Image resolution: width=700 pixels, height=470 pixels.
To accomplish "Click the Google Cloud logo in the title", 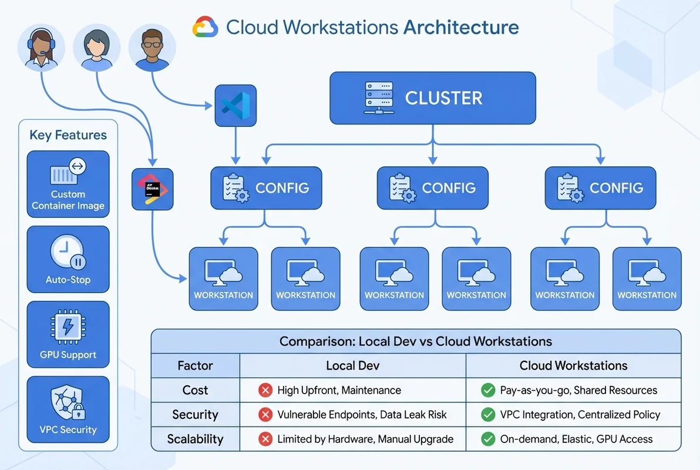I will pyautogui.click(x=206, y=27).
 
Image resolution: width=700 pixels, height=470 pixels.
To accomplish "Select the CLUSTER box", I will pyautogui.click(x=432, y=98).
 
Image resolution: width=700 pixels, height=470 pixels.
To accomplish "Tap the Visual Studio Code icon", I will pyautogui.click(x=235, y=105).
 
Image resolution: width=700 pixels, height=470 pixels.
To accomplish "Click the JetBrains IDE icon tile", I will pyautogui.click(x=153, y=189).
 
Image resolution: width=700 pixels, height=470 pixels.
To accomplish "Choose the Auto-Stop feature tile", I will pyautogui.click(x=68, y=259).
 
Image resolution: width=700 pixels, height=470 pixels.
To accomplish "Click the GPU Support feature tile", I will pyautogui.click(x=68, y=334).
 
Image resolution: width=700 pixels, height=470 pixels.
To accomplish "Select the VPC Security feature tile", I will pyautogui.click(x=68, y=409).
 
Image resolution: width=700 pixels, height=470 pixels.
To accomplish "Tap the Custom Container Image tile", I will pyautogui.click(x=68, y=184).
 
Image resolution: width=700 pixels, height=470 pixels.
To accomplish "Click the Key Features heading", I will pyautogui.click(x=68, y=135).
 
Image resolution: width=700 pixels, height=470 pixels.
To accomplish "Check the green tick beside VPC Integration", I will pyautogui.click(x=487, y=415).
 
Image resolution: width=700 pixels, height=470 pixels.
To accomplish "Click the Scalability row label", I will pyautogui.click(x=195, y=439).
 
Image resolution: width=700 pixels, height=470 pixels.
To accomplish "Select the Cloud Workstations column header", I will pyautogui.click(x=573, y=365).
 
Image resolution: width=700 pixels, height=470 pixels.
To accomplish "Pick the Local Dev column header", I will pyautogui.click(x=352, y=365).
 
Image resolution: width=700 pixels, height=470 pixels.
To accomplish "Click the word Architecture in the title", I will pyautogui.click(x=461, y=27).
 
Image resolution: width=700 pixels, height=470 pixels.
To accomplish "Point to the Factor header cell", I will pyautogui.click(x=195, y=365).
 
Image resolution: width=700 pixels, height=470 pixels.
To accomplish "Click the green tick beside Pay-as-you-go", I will pyautogui.click(x=487, y=390).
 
